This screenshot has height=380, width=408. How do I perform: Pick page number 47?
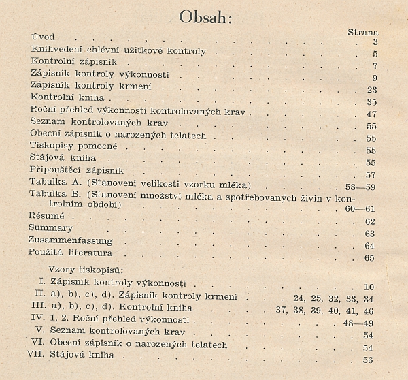coord(371,114)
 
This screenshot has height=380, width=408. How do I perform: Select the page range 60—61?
coord(360,209)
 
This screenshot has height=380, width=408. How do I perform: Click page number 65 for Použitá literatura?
coord(371,258)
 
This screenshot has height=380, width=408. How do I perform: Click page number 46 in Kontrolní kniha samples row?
coord(371,308)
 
